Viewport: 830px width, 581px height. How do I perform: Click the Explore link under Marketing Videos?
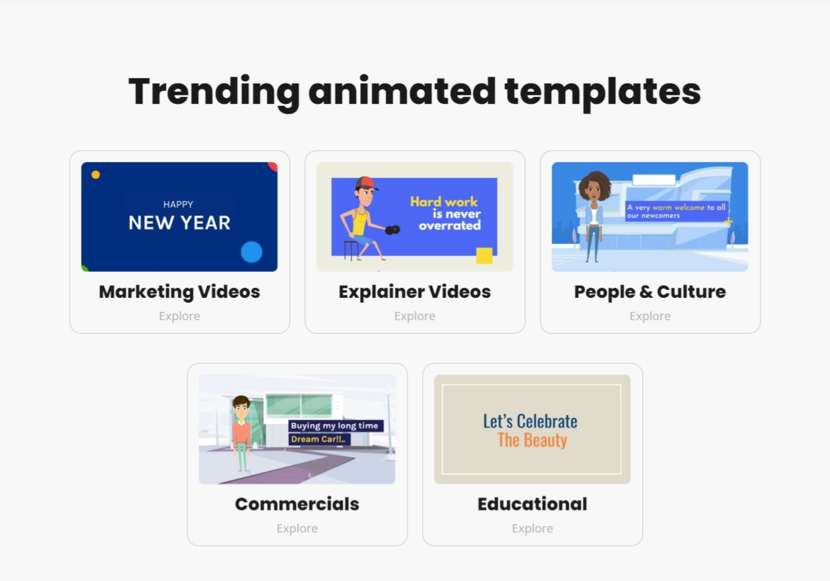pos(180,316)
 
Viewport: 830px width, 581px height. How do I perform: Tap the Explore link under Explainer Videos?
pos(415,316)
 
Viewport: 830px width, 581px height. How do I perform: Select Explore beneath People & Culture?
pos(650,316)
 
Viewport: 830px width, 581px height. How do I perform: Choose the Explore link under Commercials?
pos(297,528)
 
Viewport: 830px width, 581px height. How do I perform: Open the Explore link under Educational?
pos(533,528)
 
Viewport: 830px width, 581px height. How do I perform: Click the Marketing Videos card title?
pos(180,292)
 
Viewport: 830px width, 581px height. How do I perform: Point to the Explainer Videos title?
pos(415,292)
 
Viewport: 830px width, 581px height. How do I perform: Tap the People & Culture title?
pos(650,292)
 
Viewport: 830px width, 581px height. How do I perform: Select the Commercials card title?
pos(297,504)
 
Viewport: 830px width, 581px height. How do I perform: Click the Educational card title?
pos(533,504)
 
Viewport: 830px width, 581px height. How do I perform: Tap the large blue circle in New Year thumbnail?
pos(251,252)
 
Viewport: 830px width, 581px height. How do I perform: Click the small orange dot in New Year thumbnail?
pos(96,175)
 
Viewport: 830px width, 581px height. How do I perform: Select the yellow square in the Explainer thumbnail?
pos(484,255)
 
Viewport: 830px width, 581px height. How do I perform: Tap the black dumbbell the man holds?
pos(392,230)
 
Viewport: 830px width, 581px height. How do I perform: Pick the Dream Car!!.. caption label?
pos(319,439)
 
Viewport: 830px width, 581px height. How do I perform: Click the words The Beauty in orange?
pos(532,440)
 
